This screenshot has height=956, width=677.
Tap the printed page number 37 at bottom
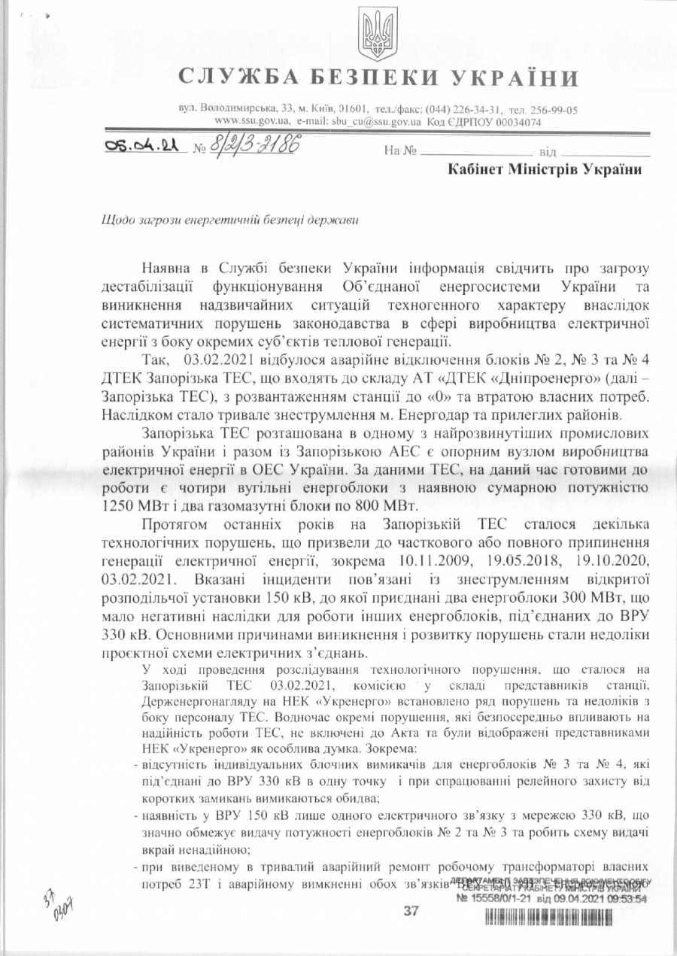tap(411, 911)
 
